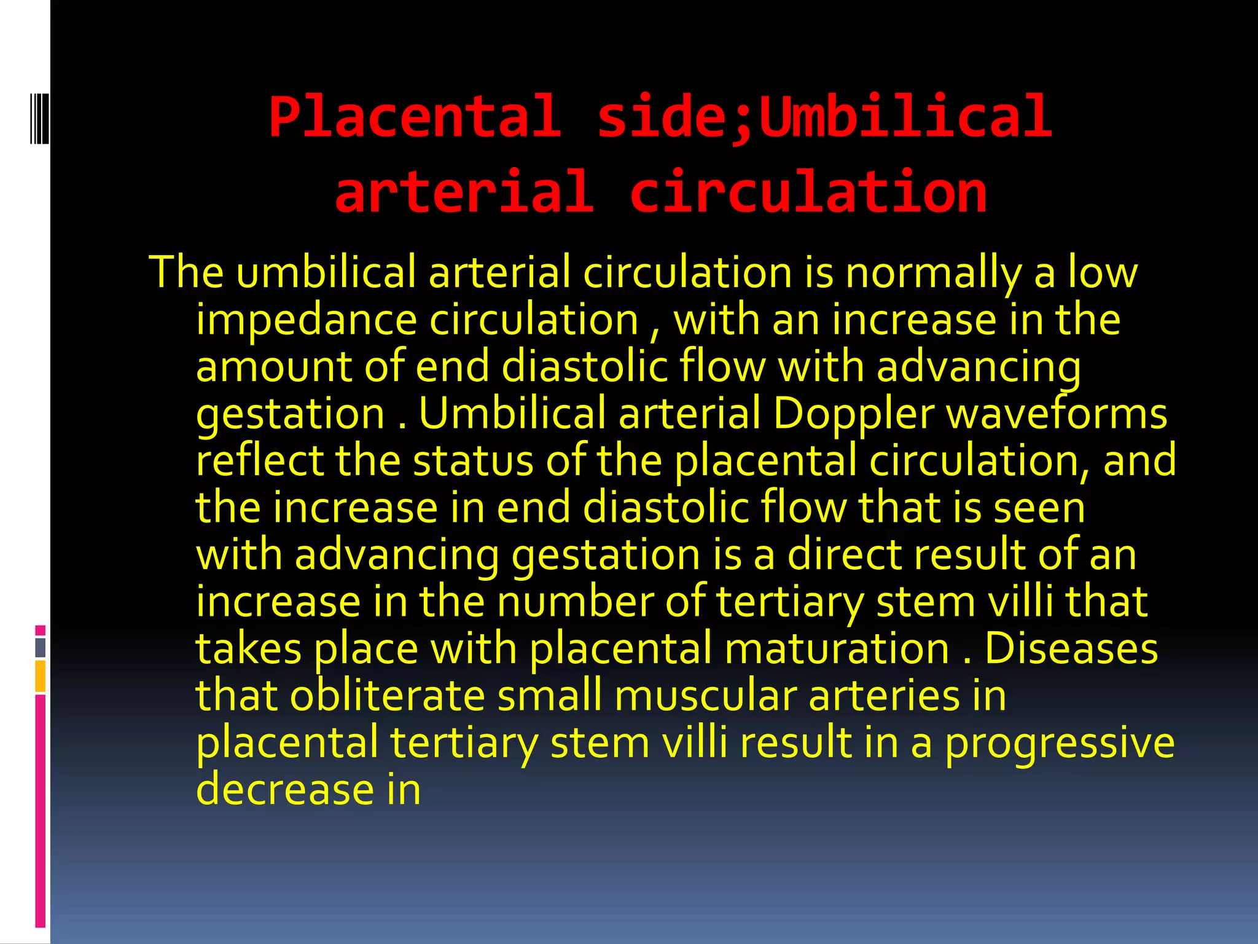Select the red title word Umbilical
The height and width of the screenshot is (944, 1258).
pos(906,117)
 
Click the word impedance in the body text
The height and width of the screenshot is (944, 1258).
pos(307,321)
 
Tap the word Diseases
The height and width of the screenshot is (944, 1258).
pos(1071,648)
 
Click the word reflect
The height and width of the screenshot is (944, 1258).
pos(259,460)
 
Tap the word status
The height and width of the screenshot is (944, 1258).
pos(473,460)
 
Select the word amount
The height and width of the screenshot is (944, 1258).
pos(274,367)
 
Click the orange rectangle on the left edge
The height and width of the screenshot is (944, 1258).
pos(41,676)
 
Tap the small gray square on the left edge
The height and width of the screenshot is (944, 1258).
pos(41,648)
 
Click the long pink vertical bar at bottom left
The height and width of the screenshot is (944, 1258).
pos(41,811)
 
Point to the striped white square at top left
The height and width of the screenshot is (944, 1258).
pos(39,117)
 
